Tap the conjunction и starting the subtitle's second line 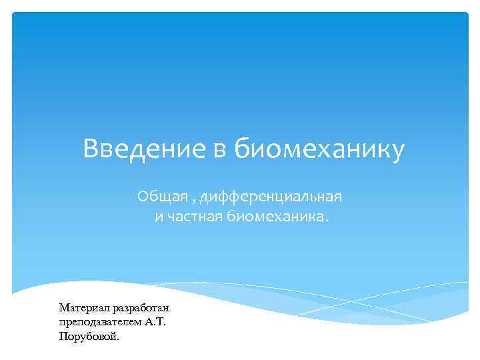click(x=159, y=217)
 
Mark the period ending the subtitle click(x=327, y=221)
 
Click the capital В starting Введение click(x=90, y=149)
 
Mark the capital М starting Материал click(x=64, y=308)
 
